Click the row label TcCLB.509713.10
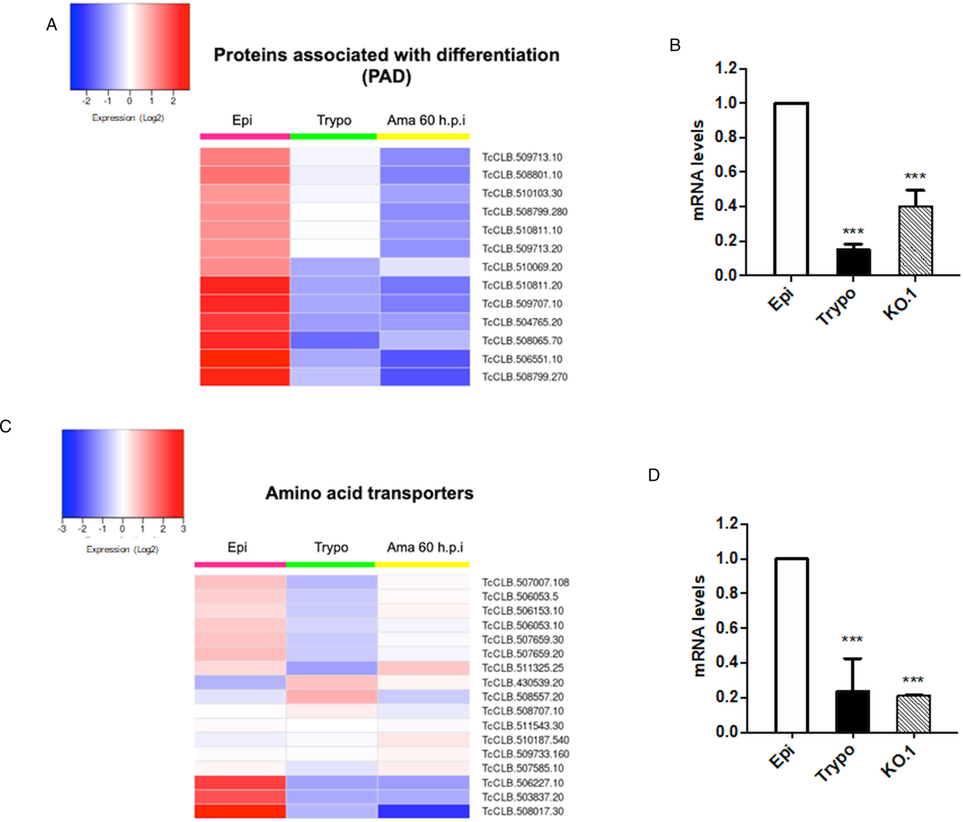(x=522, y=157)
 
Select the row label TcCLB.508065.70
(x=522, y=341)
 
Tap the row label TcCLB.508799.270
(x=524, y=377)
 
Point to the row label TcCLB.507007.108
(x=525, y=582)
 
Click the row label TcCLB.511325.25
(x=522, y=668)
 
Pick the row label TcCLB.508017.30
(x=522, y=811)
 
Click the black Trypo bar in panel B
(x=853, y=262)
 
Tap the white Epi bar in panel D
(x=792, y=645)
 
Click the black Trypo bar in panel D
(x=853, y=712)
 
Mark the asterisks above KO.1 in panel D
(x=913, y=680)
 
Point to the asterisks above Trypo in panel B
(x=853, y=231)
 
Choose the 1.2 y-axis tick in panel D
(x=727, y=524)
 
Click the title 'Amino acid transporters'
(x=369, y=493)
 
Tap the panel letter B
(x=675, y=46)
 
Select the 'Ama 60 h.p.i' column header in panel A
(x=426, y=120)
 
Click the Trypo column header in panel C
(x=331, y=547)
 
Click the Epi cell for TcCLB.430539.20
(x=240, y=682)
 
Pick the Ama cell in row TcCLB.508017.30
(x=424, y=811)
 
